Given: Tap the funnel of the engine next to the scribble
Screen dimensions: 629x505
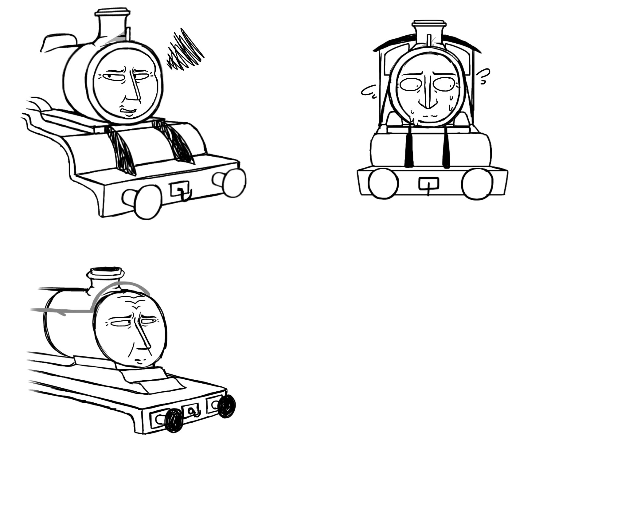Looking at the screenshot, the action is (x=111, y=25).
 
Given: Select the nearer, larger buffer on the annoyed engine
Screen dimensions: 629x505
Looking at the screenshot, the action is (x=147, y=202).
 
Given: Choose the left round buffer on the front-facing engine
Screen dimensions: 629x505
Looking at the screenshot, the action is (x=383, y=183).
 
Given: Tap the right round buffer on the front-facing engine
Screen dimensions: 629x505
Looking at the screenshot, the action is (x=477, y=183).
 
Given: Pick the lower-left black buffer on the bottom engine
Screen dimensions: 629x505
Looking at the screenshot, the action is (x=174, y=420).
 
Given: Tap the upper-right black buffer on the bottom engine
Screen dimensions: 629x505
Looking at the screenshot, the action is (x=226, y=406).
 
